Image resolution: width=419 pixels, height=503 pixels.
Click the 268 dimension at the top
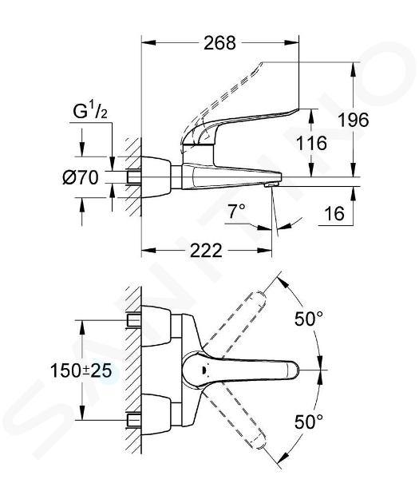[x=219, y=42]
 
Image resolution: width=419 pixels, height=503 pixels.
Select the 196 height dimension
[x=354, y=120]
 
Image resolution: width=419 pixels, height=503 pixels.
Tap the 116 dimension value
[x=311, y=143]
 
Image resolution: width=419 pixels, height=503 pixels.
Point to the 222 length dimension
[x=206, y=251]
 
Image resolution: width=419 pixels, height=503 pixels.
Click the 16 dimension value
[x=334, y=213]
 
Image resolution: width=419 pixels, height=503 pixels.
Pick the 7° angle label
[x=236, y=211]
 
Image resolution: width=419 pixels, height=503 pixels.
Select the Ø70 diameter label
[x=81, y=177]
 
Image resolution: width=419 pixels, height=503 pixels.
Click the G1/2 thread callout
[x=90, y=111]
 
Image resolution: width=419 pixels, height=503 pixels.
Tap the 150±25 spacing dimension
[x=81, y=370]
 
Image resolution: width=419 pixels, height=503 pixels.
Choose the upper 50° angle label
[x=308, y=319]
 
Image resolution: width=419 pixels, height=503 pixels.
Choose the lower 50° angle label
[x=308, y=422]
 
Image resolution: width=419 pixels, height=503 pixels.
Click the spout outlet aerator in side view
[x=271, y=184]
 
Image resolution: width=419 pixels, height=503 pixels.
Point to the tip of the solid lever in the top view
[x=298, y=370]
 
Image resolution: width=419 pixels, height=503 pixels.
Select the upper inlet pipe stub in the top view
[x=134, y=321]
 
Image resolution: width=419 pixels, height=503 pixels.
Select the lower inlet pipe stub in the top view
[x=134, y=420]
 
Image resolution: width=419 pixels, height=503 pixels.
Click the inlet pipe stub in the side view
[x=134, y=177]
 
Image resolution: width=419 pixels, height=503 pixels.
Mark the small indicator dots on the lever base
[x=203, y=369]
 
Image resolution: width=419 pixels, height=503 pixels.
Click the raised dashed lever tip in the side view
[x=260, y=64]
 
